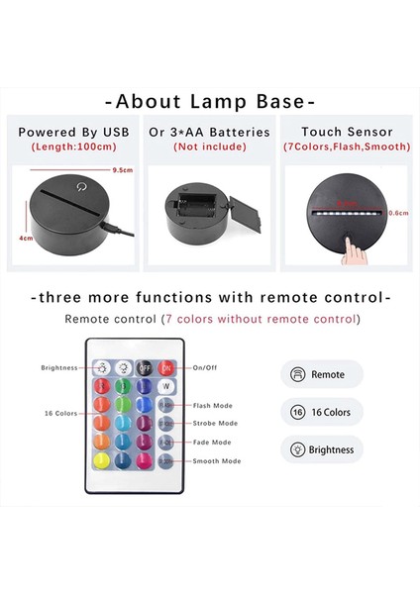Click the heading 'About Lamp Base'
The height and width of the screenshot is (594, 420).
(x=210, y=101)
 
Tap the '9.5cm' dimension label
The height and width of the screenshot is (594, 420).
(x=122, y=169)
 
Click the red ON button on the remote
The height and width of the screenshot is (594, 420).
(x=166, y=366)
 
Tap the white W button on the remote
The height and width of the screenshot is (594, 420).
(x=166, y=386)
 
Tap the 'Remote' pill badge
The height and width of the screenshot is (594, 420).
(x=322, y=375)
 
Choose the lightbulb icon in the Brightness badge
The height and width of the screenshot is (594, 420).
(x=296, y=449)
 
